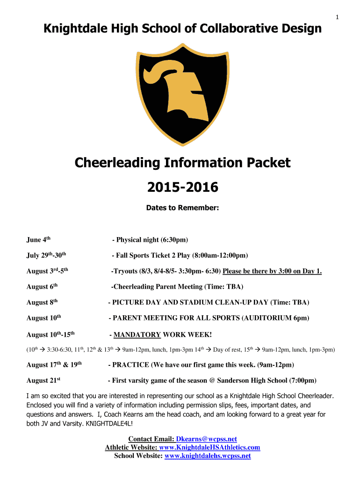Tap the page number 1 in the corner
337,18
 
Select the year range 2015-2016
182,188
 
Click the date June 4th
38,240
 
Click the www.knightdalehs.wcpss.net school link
208,456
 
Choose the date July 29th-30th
47,255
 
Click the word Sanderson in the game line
230,380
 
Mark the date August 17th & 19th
54,364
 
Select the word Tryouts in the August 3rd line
124,271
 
